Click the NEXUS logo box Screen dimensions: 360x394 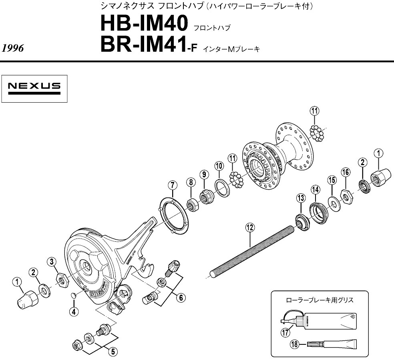34,88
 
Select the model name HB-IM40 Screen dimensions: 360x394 144,24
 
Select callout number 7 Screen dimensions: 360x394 172,185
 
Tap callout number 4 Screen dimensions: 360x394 74,311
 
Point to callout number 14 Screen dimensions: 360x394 315,188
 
